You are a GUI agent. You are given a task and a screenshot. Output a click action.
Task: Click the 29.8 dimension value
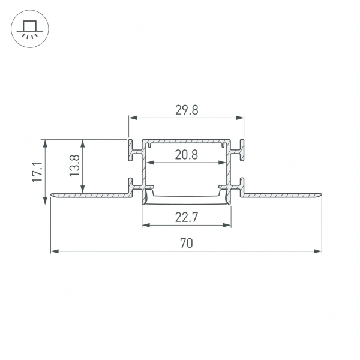(x=187, y=110)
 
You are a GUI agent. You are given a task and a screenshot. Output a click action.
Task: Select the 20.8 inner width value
(x=187, y=155)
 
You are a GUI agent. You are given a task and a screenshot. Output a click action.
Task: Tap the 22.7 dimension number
(x=187, y=217)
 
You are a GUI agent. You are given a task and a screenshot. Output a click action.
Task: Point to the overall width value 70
(x=187, y=243)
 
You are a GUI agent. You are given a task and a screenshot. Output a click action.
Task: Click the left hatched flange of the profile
(x=90, y=195)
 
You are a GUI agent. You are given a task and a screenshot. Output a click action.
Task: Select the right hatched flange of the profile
(x=282, y=195)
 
